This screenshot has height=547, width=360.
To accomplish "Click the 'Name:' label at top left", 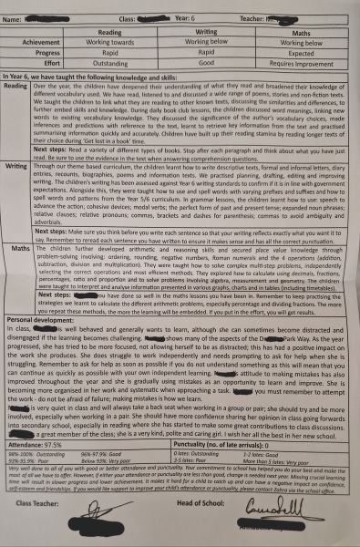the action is click(x=19, y=15).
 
